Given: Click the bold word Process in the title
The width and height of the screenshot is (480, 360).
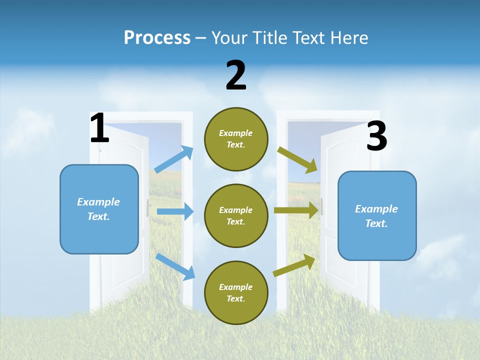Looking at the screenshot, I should [157, 38].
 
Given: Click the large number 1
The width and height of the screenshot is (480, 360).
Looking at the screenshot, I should [99, 128].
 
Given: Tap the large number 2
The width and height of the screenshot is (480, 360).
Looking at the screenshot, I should [236, 75].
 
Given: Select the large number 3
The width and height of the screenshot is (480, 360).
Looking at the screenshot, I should [376, 136].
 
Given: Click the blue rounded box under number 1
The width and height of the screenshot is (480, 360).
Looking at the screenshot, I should [99, 209].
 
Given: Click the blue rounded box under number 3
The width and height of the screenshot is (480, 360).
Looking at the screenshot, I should [377, 215].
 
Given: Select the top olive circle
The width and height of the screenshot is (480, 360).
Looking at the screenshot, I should [236, 139].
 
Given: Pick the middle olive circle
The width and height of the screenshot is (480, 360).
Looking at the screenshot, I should [236, 215].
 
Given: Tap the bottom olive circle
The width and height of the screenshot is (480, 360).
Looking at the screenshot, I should [236, 292].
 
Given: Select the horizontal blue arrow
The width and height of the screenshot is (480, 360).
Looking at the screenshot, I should [175, 211].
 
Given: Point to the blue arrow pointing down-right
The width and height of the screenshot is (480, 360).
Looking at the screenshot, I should [175, 266].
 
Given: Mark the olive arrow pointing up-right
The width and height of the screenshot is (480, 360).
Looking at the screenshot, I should [294, 265].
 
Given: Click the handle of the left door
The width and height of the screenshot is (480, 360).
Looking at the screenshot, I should [148, 207].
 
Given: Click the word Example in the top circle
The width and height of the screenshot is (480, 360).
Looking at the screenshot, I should [236, 133].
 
